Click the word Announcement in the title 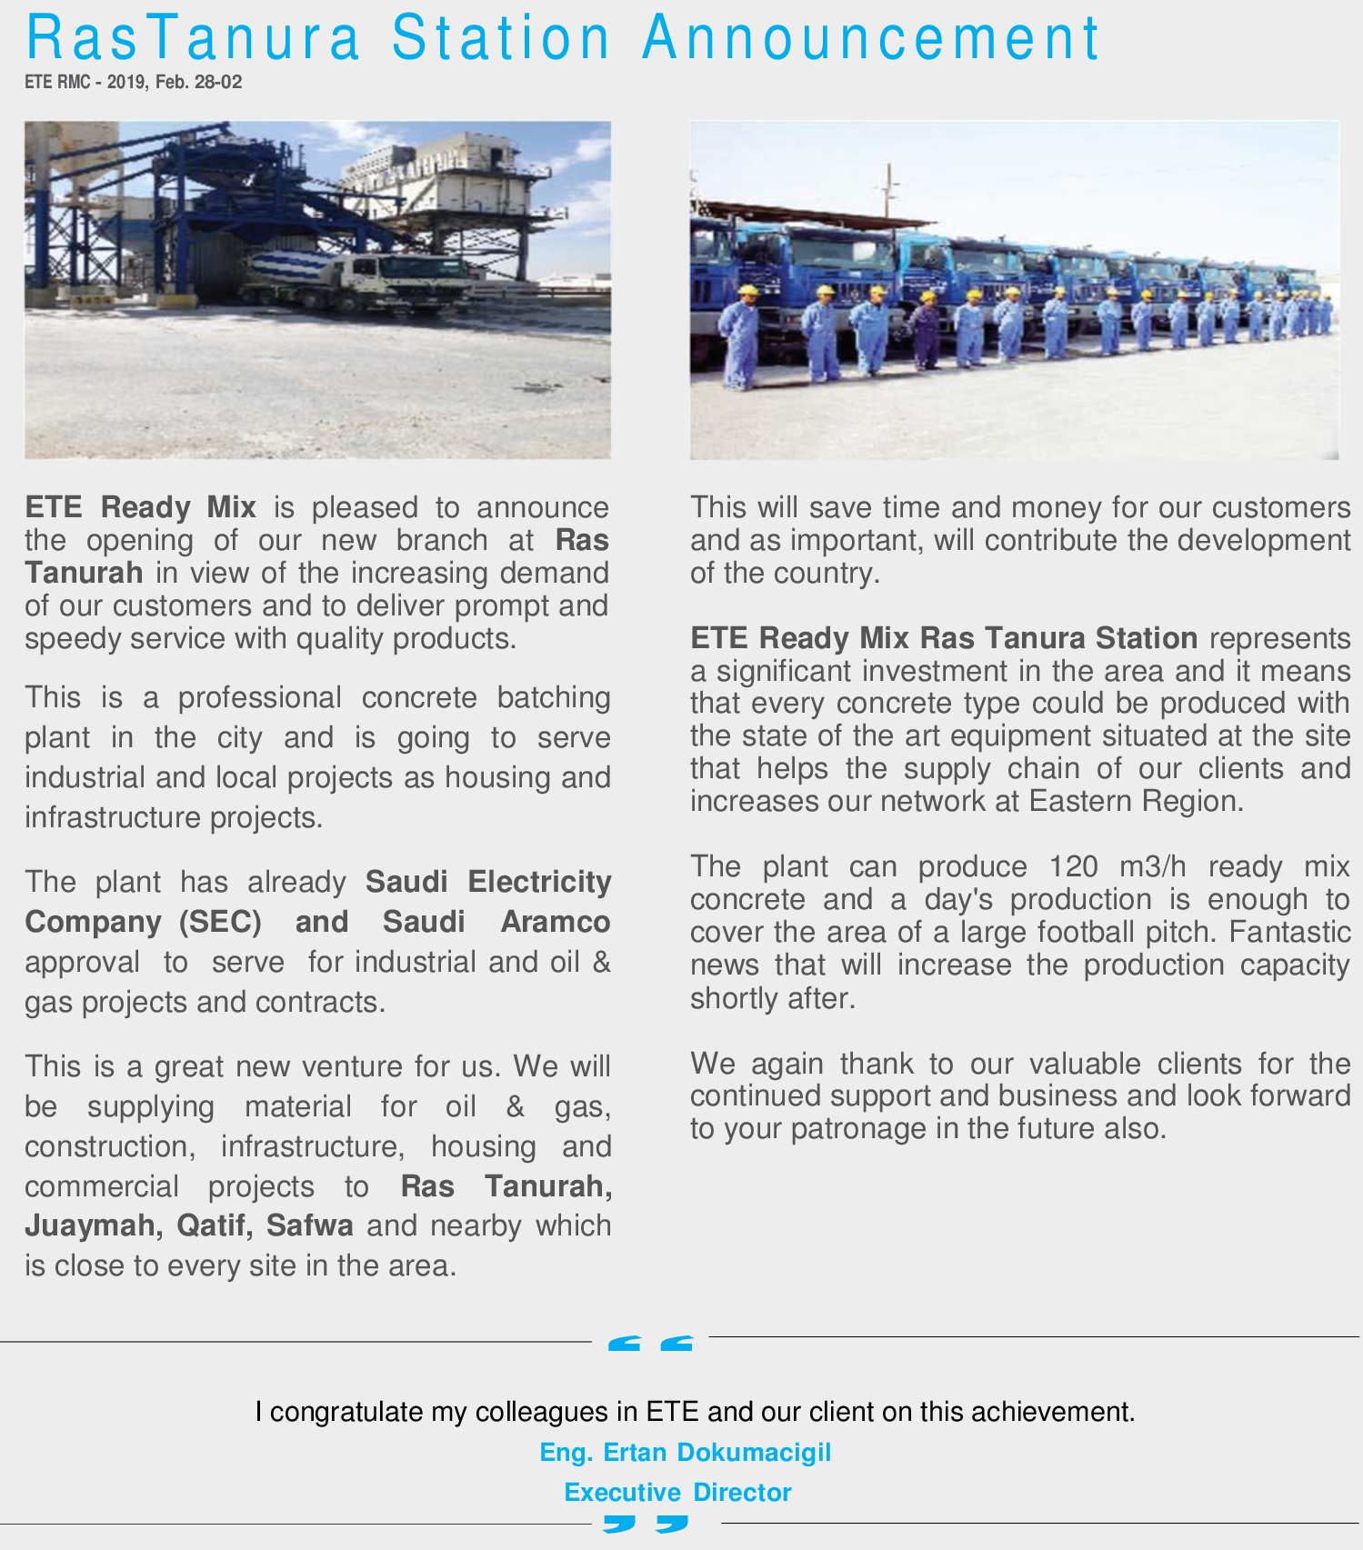tap(871, 38)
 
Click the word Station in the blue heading tap(501, 38)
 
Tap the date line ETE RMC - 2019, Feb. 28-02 tap(134, 82)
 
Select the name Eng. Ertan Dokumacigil tap(685, 1452)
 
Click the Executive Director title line tap(677, 1492)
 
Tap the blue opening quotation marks tap(649, 1343)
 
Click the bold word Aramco tap(555, 922)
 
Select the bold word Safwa tap(309, 1225)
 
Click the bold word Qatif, tap(215, 1225)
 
